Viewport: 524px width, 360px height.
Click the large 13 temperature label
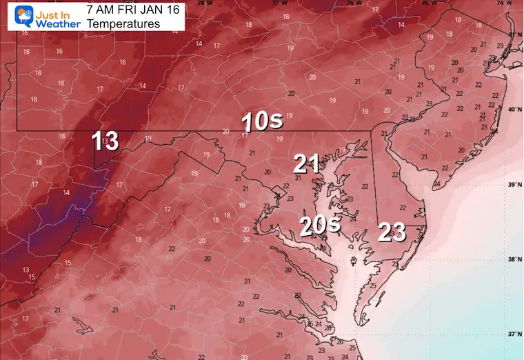105,141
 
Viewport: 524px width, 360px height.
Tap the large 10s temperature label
261,122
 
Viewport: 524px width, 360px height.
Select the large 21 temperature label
306,164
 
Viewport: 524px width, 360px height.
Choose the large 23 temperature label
392,233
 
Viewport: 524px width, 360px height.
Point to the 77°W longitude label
279,3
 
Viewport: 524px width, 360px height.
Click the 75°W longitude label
429,3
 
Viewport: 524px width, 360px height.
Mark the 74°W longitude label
503,3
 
